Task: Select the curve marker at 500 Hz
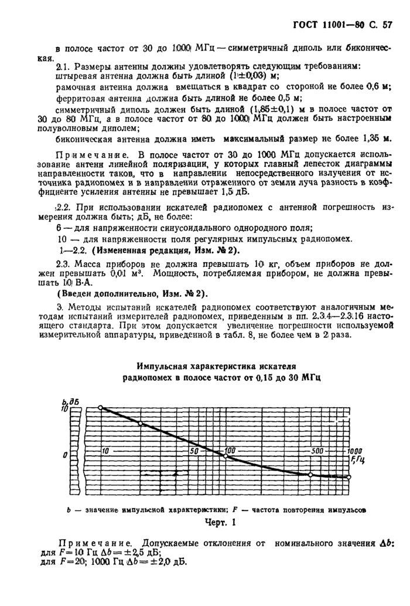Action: pyautogui.click(x=311, y=475)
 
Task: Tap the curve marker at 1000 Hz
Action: pyautogui.click(x=348, y=477)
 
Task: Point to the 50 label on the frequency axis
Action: pyautogui.click(x=194, y=451)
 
